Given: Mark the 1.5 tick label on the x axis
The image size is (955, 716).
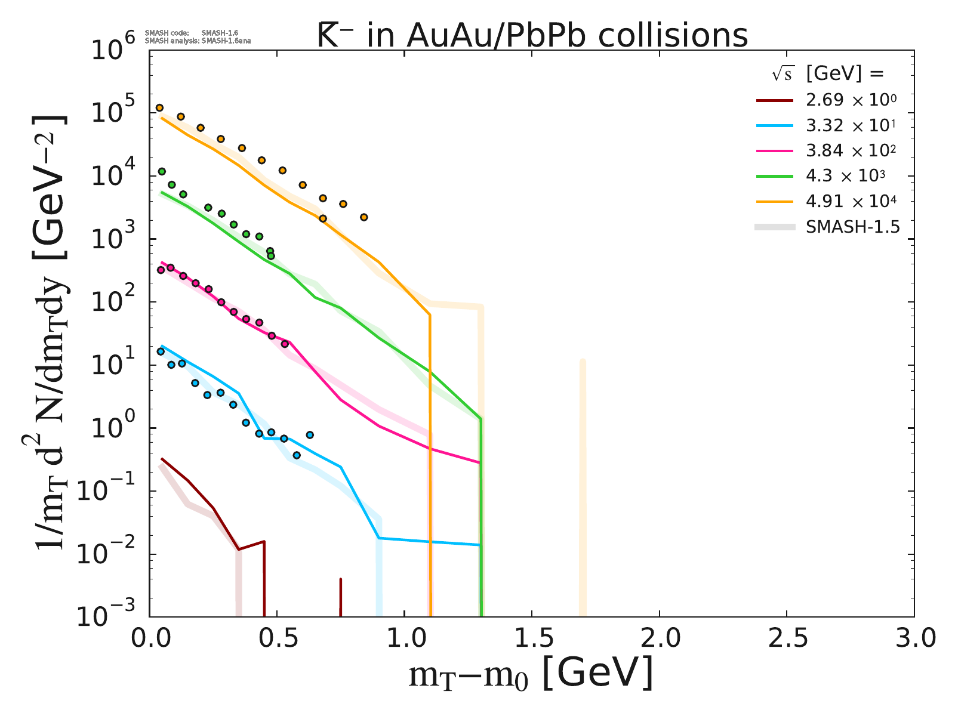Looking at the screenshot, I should [532, 638].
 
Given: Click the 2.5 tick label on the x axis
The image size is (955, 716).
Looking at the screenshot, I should [787, 638].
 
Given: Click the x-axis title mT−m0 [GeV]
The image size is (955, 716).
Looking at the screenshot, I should [531, 675].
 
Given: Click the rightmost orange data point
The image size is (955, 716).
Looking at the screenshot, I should [363, 217].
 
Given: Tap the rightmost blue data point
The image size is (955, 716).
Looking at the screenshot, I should [310, 435].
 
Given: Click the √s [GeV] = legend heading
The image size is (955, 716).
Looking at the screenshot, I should [827, 74].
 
